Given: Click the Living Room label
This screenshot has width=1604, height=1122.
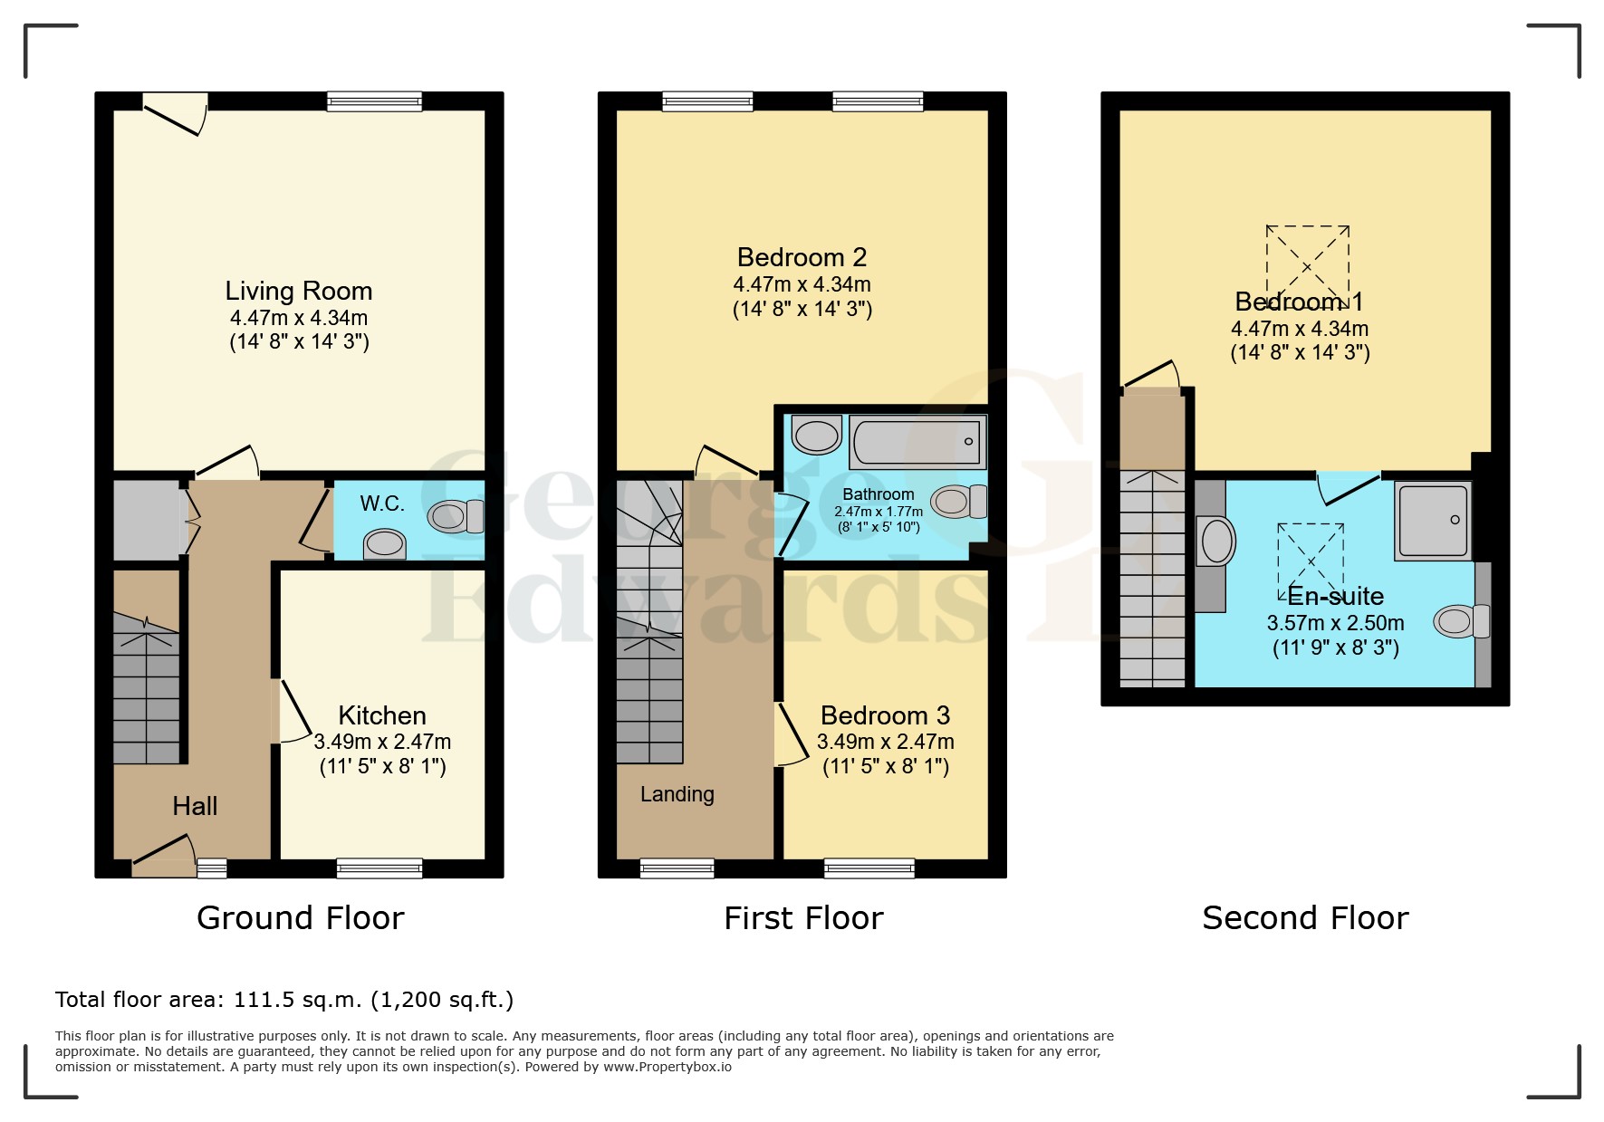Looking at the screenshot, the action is tap(299, 291).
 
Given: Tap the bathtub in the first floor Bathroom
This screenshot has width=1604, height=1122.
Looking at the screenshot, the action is tap(917, 442).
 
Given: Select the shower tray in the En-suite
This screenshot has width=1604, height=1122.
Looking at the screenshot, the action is tap(1433, 521).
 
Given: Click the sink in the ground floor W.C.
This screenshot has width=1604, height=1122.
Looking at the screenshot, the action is tap(384, 544).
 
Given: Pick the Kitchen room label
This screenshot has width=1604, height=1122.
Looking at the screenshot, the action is tap(382, 715).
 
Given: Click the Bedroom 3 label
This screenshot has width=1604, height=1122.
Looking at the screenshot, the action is tap(885, 715).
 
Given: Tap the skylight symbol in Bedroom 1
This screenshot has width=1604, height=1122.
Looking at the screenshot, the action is tap(1307, 267).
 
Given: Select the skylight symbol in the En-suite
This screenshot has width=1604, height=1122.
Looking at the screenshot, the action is tap(1311, 561).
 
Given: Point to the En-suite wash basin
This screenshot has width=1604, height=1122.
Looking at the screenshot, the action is tap(1216, 542).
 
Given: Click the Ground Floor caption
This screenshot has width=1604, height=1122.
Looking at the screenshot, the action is tap(301, 918).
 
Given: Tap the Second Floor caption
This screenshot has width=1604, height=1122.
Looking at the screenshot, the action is tap(1305, 918).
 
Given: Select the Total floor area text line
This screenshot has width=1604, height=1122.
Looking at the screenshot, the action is tap(284, 1000).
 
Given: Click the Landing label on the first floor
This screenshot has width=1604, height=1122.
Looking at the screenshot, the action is tap(677, 794).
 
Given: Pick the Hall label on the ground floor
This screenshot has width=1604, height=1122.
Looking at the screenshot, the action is tap(195, 806).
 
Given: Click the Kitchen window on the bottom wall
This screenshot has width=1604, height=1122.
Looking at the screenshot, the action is tap(379, 868).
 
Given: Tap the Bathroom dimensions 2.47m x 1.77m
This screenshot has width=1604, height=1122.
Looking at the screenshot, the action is tap(879, 512).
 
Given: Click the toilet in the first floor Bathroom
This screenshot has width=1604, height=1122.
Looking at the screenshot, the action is tap(958, 501).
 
